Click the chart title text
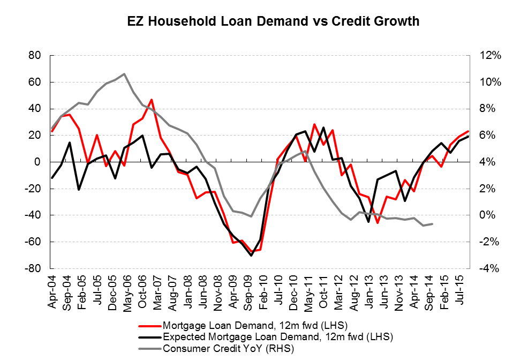pos(273,21)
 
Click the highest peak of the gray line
pos(124,74)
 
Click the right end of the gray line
pos(432,224)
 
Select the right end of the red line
pos(469,131)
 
